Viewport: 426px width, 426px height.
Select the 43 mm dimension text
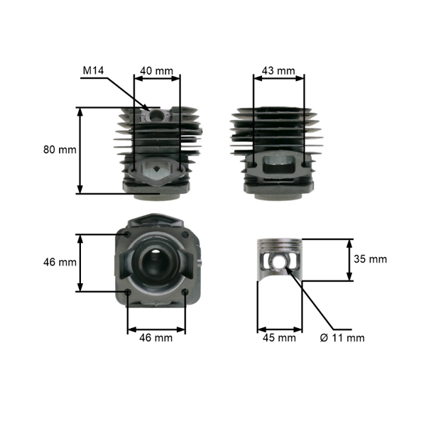[x=278, y=70]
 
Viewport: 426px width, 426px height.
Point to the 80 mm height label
[x=59, y=150]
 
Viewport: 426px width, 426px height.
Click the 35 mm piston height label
[x=370, y=259]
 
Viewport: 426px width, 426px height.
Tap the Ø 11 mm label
[x=342, y=338]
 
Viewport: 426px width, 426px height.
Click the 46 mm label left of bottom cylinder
[x=59, y=262]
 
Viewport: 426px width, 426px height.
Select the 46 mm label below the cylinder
[x=155, y=338]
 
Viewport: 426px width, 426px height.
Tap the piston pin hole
[x=281, y=263]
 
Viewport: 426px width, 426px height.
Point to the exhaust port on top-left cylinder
[x=156, y=170]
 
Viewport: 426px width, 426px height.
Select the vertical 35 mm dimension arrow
[x=349, y=259]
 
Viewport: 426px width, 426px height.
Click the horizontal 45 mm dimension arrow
[x=278, y=329]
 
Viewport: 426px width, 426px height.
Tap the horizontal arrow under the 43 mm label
[x=278, y=79]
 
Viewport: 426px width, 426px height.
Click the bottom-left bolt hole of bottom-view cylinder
[x=127, y=292]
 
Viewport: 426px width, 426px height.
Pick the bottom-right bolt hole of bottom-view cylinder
[x=185, y=292]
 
